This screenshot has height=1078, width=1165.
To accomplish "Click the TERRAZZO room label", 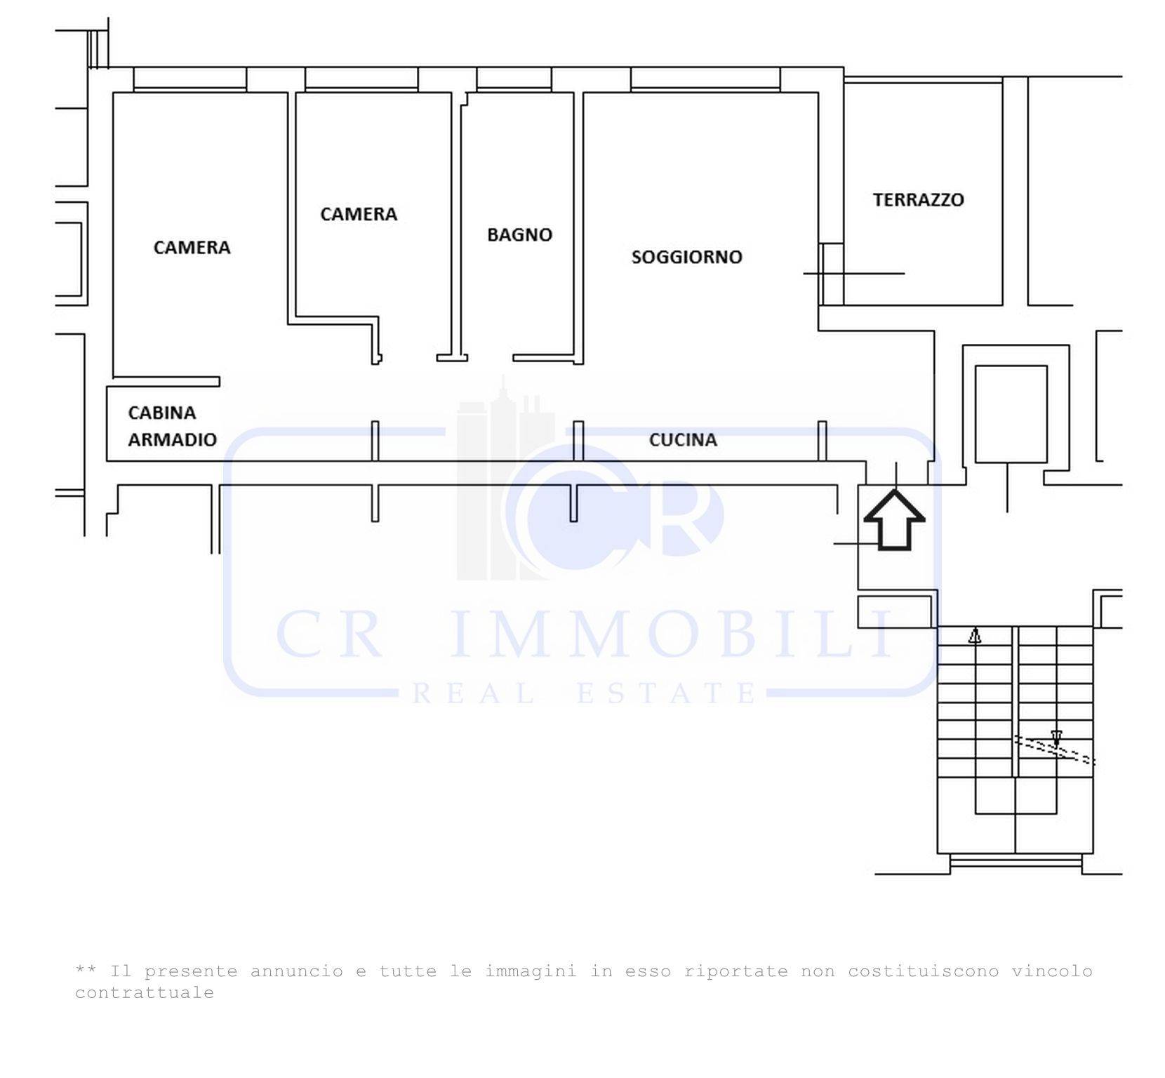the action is click(x=918, y=200).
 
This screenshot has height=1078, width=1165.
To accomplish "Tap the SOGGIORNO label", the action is click(x=686, y=257).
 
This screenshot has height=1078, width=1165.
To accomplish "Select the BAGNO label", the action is click(x=519, y=234).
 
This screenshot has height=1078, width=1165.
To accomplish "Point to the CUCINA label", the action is click(x=683, y=440).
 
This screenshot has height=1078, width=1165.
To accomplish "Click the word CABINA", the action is click(x=161, y=413).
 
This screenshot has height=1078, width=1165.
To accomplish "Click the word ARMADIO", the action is click(x=172, y=439).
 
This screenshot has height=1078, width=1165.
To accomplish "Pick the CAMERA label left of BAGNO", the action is click(x=359, y=214).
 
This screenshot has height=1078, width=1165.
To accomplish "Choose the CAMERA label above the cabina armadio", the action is click(x=192, y=247).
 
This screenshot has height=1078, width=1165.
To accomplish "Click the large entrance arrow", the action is click(x=894, y=520).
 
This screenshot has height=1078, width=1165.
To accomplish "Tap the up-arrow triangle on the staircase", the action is click(x=975, y=636).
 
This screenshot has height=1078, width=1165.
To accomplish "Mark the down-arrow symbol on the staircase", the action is click(x=1056, y=738).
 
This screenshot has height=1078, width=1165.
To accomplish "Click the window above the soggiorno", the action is click(x=705, y=79).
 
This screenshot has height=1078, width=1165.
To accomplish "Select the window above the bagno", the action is click(x=514, y=79).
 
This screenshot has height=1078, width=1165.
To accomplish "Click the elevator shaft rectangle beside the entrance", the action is click(x=1011, y=414).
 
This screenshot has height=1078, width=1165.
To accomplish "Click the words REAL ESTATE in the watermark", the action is click(x=585, y=693).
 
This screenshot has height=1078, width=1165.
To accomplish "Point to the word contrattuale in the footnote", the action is click(x=145, y=993).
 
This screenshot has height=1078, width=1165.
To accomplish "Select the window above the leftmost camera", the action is click(x=189, y=79).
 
